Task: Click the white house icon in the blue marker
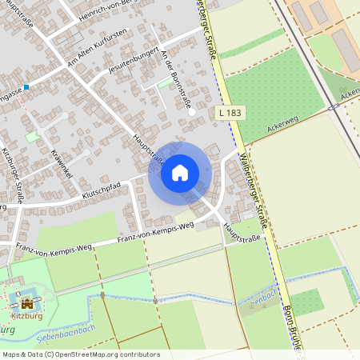180,173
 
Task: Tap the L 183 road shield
230,114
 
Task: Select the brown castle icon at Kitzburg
28,304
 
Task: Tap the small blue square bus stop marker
26,86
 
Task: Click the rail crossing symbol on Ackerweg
331,106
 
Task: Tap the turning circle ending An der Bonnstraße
192,113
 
